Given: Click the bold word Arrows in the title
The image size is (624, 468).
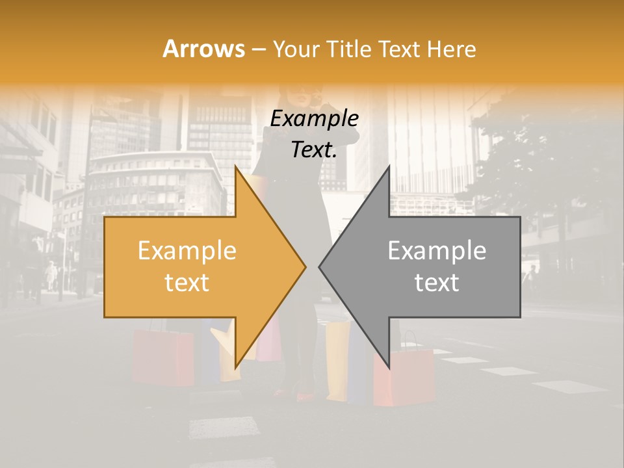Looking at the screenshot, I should pos(204,49).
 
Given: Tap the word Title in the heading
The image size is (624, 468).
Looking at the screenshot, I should pos(346,49).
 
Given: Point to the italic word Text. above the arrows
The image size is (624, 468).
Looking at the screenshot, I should pos(314,150).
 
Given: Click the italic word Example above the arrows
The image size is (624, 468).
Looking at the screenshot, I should pos(314,119).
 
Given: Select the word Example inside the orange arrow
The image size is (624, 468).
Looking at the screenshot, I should pos(187,251).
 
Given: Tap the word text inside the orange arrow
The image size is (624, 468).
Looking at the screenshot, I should pos(187,283).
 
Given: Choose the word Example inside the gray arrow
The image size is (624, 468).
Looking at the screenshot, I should pos(437,251).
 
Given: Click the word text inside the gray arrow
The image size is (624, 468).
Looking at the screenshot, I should pos(437,283).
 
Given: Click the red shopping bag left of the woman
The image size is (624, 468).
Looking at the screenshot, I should pos(162,357).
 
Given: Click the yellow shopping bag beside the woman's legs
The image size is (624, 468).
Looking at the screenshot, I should pos(337,361).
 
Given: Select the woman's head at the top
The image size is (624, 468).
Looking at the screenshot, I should pos(305,97).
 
